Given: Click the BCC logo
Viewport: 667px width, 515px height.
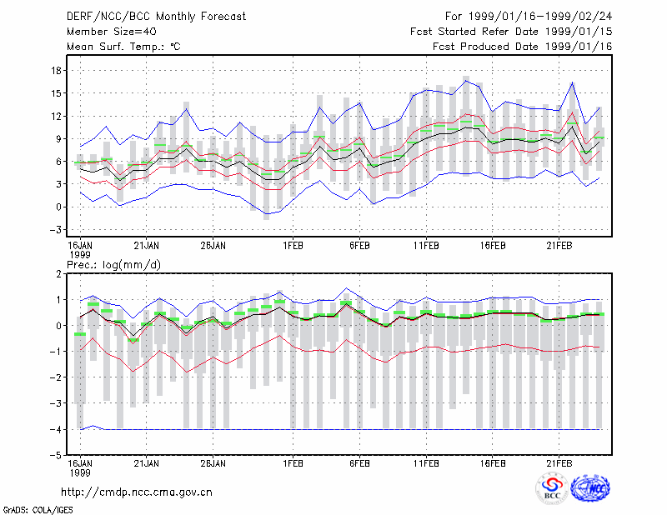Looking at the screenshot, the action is click(552, 489).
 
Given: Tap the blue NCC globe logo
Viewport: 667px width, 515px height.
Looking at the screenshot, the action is click(590, 488).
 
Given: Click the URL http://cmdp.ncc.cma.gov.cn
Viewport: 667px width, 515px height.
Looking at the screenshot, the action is click(137, 492).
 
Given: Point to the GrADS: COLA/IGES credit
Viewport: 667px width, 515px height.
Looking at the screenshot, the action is click(38, 510).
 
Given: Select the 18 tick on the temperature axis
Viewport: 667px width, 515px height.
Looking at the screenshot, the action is click(56, 71).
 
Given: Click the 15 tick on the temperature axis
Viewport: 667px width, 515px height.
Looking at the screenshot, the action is click(56, 93).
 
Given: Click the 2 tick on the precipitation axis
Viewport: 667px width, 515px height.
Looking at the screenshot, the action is click(58, 274).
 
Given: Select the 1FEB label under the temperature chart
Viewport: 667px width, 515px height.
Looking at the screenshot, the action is click(293, 246).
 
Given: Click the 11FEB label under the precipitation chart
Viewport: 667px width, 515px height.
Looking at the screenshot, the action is click(426, 463).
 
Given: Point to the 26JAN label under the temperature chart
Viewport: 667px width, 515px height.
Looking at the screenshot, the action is click(213, 246).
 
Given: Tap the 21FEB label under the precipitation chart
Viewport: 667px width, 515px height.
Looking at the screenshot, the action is click(559, 463).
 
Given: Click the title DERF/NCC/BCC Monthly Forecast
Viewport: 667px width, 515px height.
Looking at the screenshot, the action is click(156, 17).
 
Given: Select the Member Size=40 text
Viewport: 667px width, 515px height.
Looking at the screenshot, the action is click(112, 32).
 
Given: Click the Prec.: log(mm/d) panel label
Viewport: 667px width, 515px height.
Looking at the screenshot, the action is click(113, 265).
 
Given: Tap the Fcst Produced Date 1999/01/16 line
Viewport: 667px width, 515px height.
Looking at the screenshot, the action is click(523, 47).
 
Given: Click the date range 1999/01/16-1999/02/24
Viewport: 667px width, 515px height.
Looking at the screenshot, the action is click(540, 17).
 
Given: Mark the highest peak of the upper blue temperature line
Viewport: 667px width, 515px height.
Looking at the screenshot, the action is click(466, 80).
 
